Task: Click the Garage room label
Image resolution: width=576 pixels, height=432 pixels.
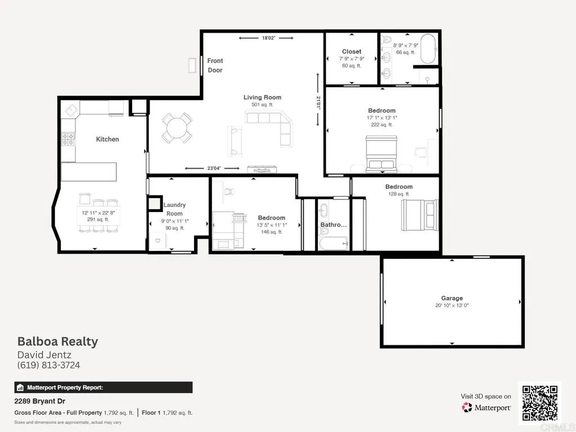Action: click(452, 298)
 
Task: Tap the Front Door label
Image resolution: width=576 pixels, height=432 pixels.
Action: click(215, 65)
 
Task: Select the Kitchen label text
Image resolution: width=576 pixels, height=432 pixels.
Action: click(107, 139)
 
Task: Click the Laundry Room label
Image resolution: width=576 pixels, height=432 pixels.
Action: click(174, 209)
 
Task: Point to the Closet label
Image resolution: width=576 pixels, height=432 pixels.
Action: click(352, 52)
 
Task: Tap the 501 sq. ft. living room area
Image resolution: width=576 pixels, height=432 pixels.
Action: click(262, 105)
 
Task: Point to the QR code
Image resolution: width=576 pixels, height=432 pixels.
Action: click(539, 403)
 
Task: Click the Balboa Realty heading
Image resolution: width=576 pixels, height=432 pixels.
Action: click(57, 341)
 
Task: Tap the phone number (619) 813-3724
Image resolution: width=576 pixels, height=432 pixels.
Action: click(48, 365)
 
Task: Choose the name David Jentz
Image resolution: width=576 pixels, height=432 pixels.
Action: click(44, 354)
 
